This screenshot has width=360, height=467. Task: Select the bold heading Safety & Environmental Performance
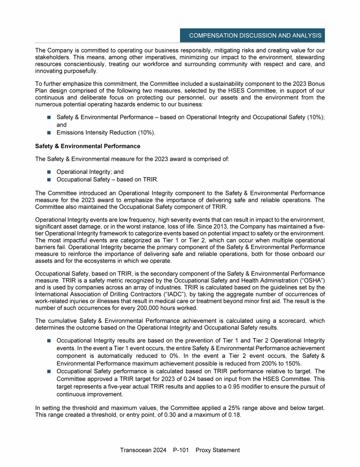click(88, 146)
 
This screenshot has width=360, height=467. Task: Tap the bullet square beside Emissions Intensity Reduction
click(49, 133)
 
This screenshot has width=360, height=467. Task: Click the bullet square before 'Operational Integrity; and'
click(49, 172)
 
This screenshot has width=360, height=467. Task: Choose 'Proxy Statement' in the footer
click(218, 450)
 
